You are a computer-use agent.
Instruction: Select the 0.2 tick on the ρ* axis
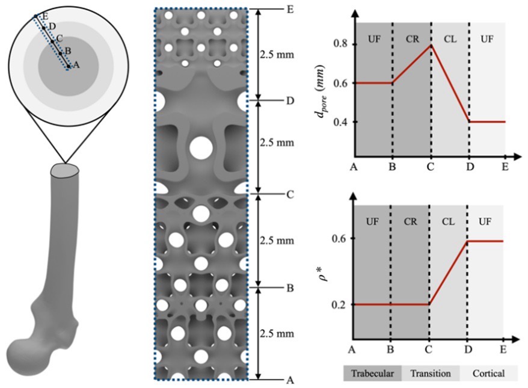point(337,304)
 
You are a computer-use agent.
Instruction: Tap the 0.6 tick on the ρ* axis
point(337,239)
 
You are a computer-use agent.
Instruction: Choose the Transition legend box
point(430,373)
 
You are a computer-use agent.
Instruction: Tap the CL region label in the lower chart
point(448,221)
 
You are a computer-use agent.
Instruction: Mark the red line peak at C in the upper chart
point(431,45)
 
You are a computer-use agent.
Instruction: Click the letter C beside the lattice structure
point(290,195)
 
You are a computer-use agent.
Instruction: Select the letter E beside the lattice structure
point(290,10)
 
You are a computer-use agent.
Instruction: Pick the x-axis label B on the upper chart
point(392,167)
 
